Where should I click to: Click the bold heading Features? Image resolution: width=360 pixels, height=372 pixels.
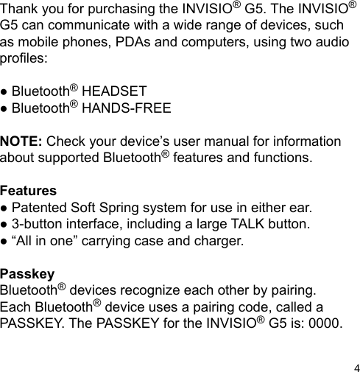tap(29, 191)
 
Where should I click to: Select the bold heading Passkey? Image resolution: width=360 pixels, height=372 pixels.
tap(27, 274)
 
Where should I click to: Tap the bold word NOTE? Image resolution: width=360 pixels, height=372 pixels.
tap(22, 141)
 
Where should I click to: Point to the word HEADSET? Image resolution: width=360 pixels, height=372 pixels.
tap(114, 92)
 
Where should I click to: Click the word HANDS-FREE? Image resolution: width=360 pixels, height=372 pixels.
tap(127, 109)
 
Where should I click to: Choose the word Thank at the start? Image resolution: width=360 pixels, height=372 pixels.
tap(20, 10)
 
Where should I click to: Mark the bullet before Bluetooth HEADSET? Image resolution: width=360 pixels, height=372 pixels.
tap(4, 93)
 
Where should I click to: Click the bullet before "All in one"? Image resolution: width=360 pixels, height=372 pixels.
tap(4, 242)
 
